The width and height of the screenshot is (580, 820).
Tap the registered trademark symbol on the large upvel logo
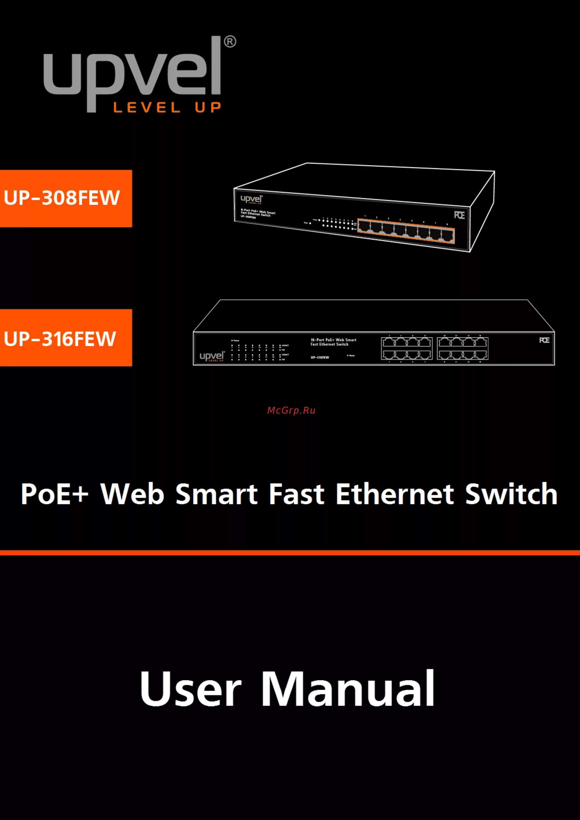pos(230,42)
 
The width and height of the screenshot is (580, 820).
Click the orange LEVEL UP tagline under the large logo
pos(167,107)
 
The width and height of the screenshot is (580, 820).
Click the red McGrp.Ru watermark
pos(291,410)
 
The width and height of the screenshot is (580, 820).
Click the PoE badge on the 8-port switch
pos(459,215)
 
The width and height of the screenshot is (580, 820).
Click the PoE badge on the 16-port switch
pos(544,340)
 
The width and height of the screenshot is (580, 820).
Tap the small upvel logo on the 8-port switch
pos(252,199)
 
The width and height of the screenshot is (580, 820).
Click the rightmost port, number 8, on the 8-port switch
pos(447,236)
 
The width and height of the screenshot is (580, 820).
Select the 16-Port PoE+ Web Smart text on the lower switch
pos(333,340)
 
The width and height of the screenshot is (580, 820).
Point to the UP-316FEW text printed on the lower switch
pos(320,357)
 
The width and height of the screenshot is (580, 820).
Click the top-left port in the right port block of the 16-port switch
pos(445,342)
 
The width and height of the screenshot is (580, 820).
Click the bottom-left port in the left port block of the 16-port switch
pos(389,355)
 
